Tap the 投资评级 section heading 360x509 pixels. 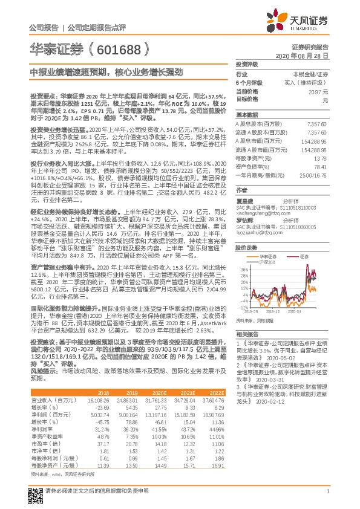(247, 64)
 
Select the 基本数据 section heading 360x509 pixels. (247, 114)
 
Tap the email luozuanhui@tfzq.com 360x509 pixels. (257, 232)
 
